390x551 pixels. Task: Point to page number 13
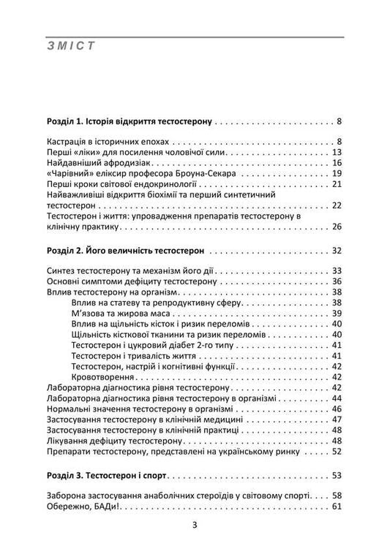tap(337, 151)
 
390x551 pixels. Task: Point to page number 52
tap(337, 451)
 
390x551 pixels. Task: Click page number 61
tap(337, 506)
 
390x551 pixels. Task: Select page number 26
tap(337, 227)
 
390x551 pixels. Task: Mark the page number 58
tap(337, 495)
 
